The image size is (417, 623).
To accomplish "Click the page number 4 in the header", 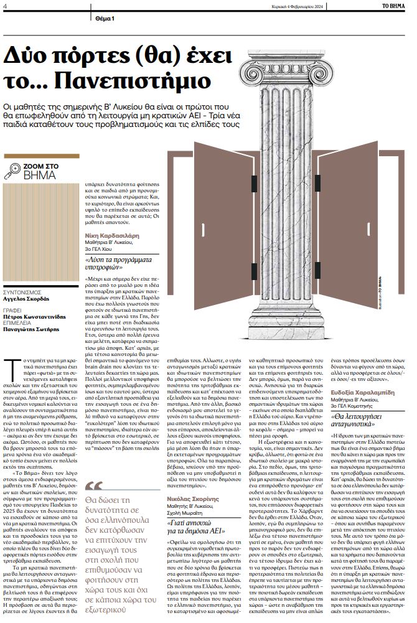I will (4, 5).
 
